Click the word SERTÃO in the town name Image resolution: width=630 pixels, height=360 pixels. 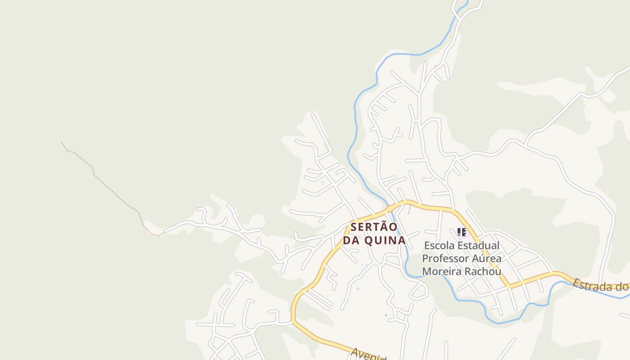(374, 227)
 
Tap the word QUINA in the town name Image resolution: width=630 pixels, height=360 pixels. (385, 241)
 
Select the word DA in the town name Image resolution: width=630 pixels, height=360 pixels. (351, 241)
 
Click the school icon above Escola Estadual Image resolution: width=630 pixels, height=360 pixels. (461, 232)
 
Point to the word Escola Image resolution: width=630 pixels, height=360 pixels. (439, 246)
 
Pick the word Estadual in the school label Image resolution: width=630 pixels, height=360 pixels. (478, 246)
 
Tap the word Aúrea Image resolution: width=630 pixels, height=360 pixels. (486, 259)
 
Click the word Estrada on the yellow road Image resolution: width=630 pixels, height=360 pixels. (592, 284)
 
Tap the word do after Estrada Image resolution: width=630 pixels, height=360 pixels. (622, 287)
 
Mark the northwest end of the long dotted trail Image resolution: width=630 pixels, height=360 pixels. (62, 143)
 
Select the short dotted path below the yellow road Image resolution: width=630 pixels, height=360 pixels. (409, 210)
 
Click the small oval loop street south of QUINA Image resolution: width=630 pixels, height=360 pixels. (419, 293)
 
